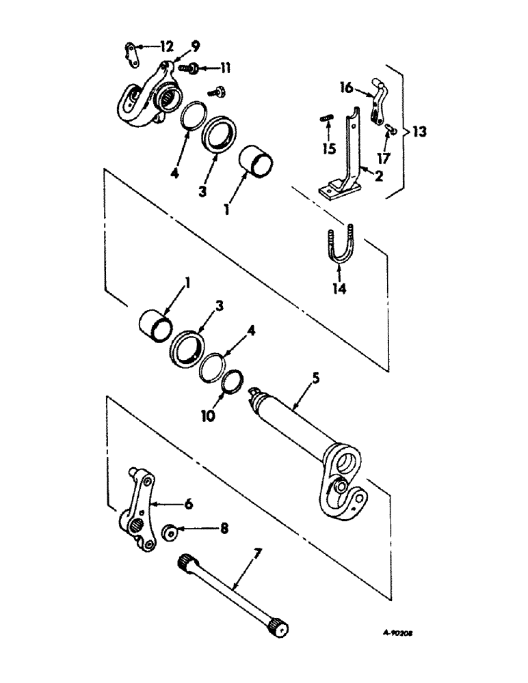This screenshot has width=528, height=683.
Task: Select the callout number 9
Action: coord(196,47)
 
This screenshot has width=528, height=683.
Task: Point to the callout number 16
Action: coord(345,87)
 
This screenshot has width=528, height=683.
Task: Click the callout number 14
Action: coord(340,288)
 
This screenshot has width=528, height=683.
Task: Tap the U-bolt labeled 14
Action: coord(341,245)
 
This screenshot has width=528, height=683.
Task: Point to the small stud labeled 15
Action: coord(325,124)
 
